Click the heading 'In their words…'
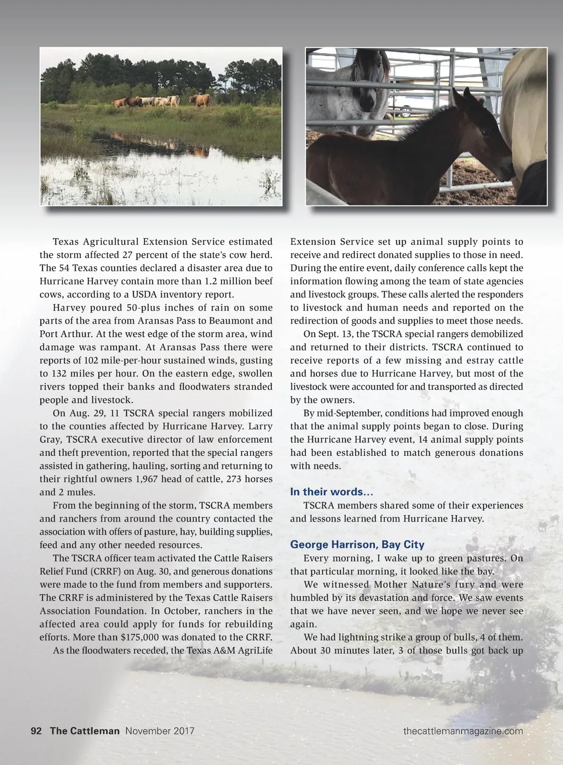[332, 492]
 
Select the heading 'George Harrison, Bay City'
[357, 545]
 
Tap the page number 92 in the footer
[36, 731]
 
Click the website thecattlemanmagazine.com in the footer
[463, 731]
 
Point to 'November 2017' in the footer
[160, 731]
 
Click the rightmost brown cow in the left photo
[200, 99]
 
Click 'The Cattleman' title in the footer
[84, 731]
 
